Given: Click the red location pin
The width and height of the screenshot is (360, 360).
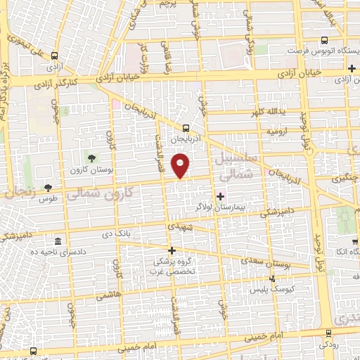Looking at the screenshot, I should pyautogui.click(x=181, y=166).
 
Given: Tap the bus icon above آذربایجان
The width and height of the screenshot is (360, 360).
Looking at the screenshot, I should pyautogui.click(x=186, y=128).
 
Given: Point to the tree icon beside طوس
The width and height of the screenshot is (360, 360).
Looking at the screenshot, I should pyautogui.click(x=48, y=187).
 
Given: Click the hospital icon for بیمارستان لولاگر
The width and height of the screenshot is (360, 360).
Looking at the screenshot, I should pyautogui.click(x=221, y=196).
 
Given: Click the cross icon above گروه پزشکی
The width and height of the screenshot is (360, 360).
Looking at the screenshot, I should pyautogui.click(x=171, y=250).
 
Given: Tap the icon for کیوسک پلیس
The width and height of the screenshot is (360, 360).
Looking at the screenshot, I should pyautogui.click(x=273, y=278).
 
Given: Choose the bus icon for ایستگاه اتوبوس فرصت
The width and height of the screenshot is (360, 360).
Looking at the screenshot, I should pyautogui.click(x=324, y=40).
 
